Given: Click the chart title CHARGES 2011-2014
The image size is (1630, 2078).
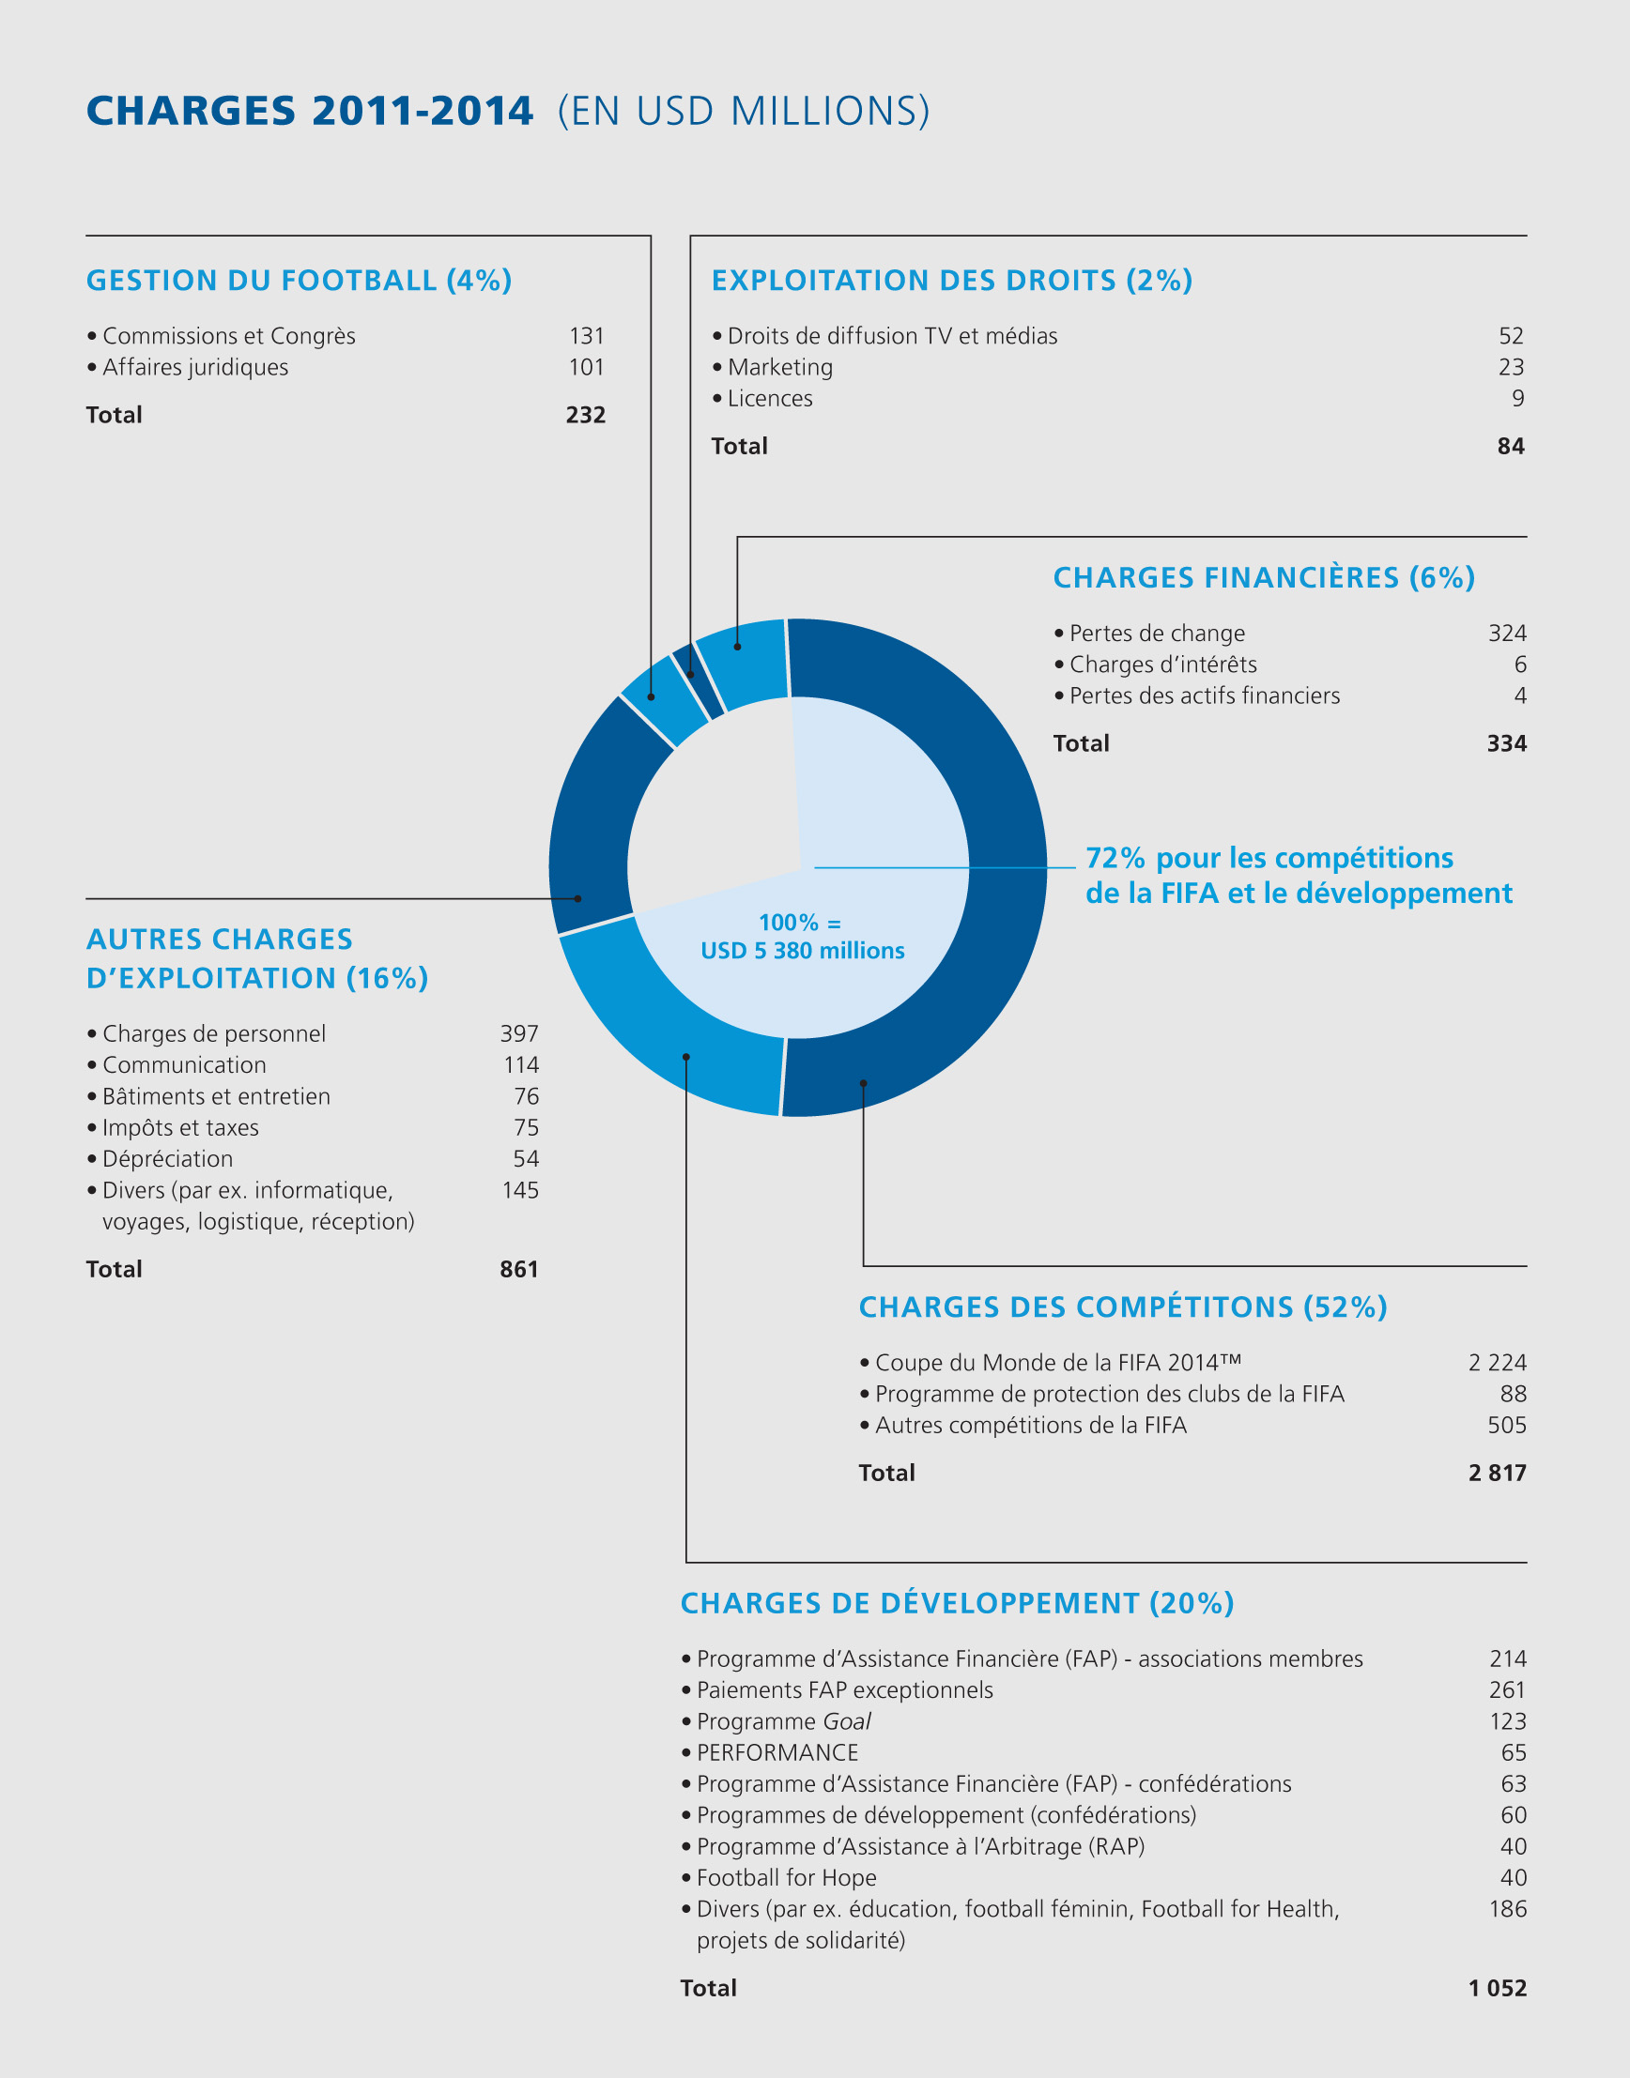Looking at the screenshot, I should [x=309, y=111].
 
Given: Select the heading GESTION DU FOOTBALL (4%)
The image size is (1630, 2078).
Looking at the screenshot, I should [x=299, y=281].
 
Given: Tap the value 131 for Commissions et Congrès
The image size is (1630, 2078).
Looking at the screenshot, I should [x=586, y=336].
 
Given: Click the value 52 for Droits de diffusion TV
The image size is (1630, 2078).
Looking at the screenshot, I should [x=1511, y=336].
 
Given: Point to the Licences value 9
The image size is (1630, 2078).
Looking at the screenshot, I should [x=1517, y=398].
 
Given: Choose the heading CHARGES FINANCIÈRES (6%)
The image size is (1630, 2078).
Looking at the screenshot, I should [x=1264, y=577].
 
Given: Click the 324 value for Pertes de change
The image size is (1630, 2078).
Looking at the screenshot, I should [x=1507, y=633].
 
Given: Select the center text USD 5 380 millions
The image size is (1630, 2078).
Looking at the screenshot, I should [x=803, y=950].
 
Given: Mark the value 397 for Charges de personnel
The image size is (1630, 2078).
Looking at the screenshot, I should [x=519, y=1033].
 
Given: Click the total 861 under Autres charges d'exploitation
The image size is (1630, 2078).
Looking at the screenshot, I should [x=519, y=1269].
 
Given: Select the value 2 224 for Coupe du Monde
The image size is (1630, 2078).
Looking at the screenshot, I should [x=1498, y=1363].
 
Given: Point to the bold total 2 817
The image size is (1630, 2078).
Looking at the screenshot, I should [x=1498, y=1473].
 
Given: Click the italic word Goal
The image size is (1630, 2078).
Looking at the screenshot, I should [x=847, y=1721].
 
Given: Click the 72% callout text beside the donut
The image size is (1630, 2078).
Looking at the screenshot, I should [x=1298, y=875].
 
